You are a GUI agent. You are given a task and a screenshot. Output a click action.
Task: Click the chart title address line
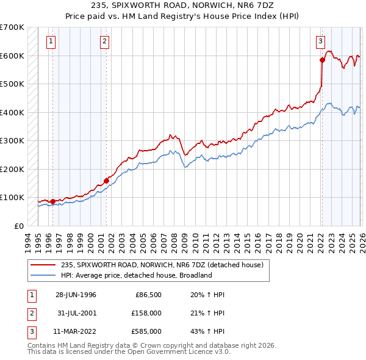182,5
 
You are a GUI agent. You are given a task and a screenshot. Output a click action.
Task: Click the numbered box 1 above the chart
51,41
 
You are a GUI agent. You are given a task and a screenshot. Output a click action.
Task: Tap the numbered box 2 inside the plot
105,41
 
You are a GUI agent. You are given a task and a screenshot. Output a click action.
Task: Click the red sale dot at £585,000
322,60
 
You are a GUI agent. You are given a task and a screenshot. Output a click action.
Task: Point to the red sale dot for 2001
106,181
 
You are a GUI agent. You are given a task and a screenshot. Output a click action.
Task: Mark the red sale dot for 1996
52,201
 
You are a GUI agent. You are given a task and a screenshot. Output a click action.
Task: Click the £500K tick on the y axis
12,84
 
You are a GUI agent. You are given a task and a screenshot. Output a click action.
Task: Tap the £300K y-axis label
12,140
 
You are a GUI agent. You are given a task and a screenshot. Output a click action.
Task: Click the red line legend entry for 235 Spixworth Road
162,265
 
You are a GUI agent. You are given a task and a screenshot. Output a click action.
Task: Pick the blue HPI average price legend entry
136,275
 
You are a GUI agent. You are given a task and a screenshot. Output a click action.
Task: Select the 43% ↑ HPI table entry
203,331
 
